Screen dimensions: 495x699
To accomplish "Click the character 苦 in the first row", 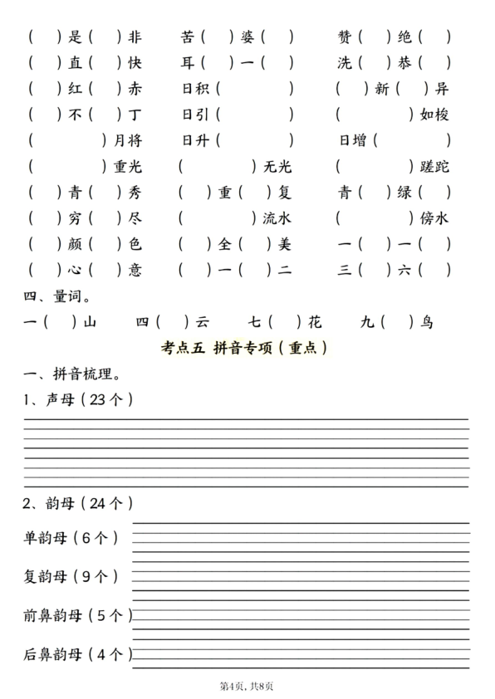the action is point(189,37).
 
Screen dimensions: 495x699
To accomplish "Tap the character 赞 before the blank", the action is point(346,37).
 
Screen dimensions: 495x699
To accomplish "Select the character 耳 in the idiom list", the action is point(189,62).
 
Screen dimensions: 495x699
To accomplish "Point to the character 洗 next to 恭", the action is point(346,62).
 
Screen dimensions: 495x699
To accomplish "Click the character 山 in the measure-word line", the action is point(91,322).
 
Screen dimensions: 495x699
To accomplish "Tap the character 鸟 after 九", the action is point(426,322).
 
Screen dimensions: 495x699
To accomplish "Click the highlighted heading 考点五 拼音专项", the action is point(247,349).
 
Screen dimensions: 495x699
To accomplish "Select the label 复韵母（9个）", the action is point(71,575).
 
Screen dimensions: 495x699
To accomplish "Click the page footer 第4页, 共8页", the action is point(247,687).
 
